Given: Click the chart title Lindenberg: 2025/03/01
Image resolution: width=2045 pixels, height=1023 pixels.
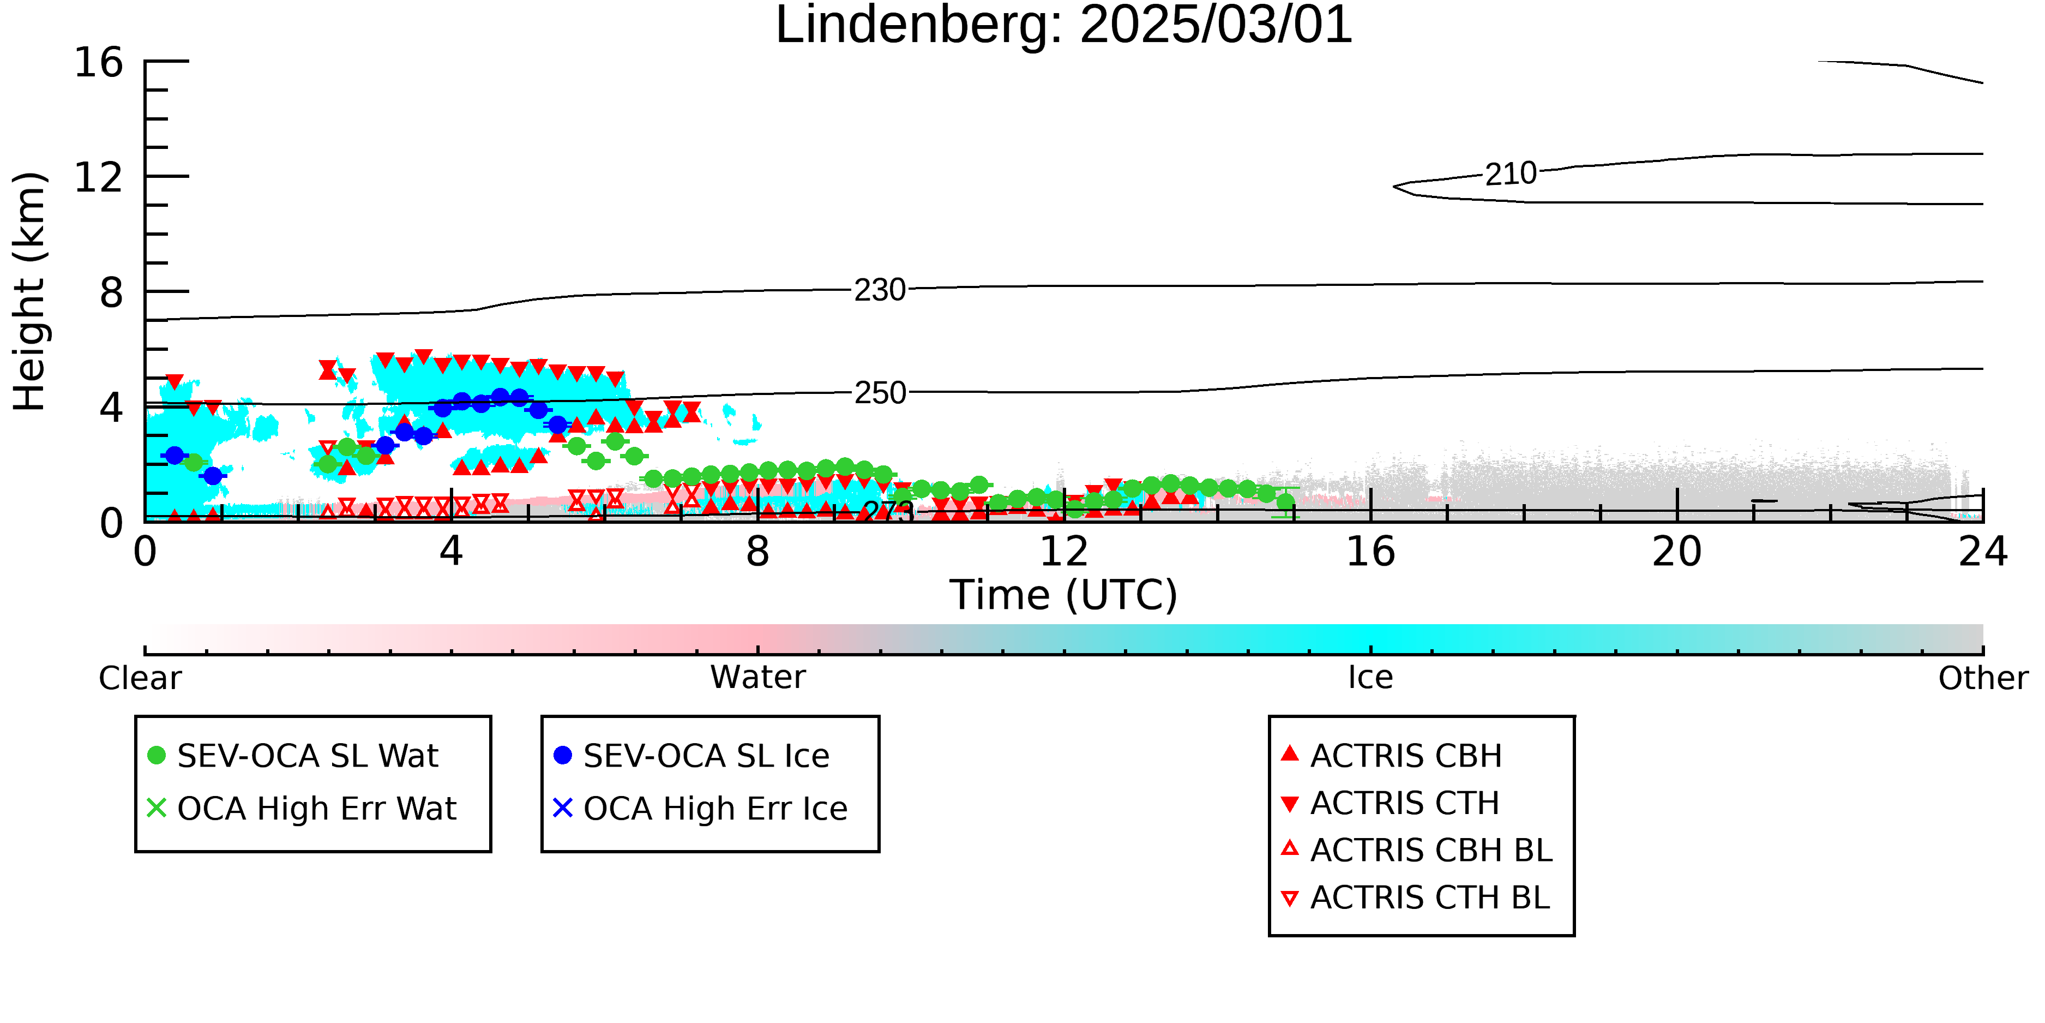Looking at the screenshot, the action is [x=1064, y=26].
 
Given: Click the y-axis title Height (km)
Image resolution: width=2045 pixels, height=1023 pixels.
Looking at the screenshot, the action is [x=30, y=291].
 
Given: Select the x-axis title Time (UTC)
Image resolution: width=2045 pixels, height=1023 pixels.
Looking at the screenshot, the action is [x=1064, y=595].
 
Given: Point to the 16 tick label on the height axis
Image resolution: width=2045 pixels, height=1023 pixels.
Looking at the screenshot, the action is [x=99, y=62].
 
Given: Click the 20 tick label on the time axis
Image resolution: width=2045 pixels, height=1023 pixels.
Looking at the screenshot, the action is [x=1677, y=552].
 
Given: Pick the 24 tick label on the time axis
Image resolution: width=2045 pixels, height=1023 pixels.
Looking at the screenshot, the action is [x=1983, y=552].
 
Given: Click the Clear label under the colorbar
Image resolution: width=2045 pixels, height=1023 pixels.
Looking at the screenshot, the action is [x=140, y=678].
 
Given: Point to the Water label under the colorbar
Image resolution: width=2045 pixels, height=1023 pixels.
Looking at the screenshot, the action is [x=758, y=678].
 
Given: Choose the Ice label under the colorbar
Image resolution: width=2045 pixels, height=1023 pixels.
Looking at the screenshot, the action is [x=1370, y=678].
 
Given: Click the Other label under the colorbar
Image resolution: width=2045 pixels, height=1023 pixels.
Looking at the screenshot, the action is [x=1983, y=678].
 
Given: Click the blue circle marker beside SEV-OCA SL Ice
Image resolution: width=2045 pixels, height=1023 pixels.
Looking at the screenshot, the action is [x=563, y=755].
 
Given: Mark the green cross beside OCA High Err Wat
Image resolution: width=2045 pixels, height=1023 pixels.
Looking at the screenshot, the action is [x=157, y=807].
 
